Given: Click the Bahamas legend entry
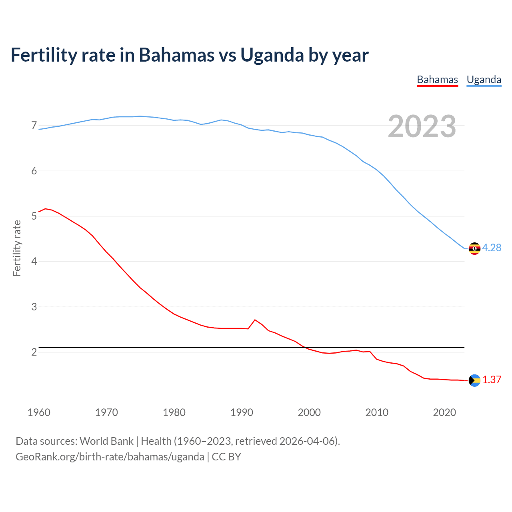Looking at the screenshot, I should (437, 80).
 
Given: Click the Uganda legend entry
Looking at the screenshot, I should (484, 80).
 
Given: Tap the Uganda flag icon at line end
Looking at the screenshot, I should (474, 248).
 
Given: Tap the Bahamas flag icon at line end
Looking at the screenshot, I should (474, 380).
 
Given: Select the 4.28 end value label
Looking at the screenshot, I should (492, 248).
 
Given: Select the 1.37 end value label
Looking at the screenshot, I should (492, 380).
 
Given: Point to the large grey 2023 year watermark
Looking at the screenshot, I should (422, 126).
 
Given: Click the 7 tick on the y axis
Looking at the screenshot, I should (34, 126).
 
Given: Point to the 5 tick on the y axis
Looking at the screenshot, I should (34, 216).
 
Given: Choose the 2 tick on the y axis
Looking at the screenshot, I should (34, 352).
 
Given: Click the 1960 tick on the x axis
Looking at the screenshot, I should (39, 412).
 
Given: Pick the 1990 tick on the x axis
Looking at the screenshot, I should (242, 412).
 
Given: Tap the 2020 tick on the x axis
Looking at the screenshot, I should (444, 412).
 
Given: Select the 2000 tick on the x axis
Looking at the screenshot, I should (309, 412).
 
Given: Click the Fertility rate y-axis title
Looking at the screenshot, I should (17, 248).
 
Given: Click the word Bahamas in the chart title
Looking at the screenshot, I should (176, 55).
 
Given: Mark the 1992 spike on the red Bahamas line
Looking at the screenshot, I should (255, 320).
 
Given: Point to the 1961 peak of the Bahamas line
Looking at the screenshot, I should (45, 209).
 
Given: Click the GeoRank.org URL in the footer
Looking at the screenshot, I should (110, 457).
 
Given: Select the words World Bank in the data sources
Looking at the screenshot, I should (106, 441).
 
